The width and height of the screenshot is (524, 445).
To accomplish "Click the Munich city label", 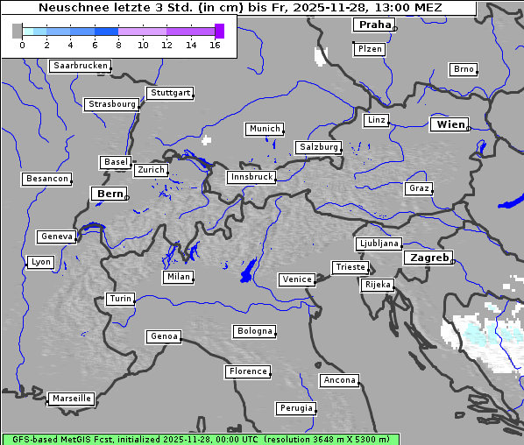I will (x=264, y=129).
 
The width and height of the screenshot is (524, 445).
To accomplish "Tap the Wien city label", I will (x=450, y=124).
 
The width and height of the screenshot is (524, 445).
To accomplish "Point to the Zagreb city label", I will (x=428, y=258).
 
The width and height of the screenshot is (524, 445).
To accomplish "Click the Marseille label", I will (x=71, y=399).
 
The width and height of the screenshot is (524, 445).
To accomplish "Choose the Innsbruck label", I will (x=251, y=177).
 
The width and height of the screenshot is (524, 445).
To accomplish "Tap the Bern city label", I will (x=110, y=194).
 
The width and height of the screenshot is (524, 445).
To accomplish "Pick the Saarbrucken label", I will (x=81, y=66).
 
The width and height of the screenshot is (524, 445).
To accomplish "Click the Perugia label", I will (x=295, y=408).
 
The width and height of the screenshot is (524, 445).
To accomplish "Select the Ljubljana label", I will (x=379, y=244).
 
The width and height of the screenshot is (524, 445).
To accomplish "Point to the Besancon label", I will (x=47, y=179).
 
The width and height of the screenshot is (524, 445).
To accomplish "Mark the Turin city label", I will (x=120, y=299).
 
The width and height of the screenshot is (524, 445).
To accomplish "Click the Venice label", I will (x=296, y=279).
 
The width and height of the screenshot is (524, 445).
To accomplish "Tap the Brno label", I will (x=463, y=69).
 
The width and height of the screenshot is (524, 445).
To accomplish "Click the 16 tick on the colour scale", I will (x=215, y=45).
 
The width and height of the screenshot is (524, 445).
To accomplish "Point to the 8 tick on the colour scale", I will (x=118, y=45).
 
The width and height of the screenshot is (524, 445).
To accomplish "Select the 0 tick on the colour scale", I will (x=22, y=45).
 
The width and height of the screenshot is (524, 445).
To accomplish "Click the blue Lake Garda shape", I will (x=248, y=272).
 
